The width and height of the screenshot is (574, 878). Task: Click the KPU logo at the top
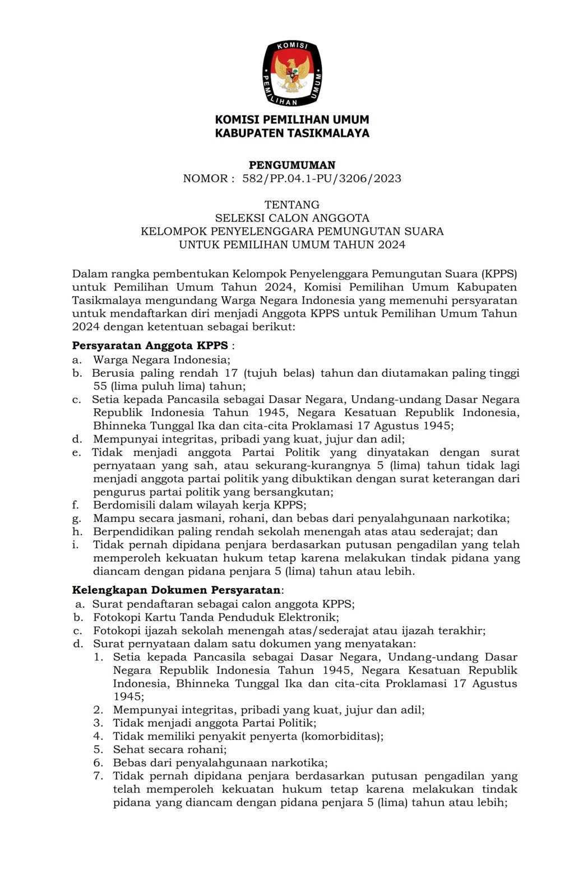coord(292,73)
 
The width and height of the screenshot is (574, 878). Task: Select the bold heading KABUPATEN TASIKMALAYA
coord(292,133)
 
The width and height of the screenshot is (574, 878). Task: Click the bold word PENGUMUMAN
coord(292,165)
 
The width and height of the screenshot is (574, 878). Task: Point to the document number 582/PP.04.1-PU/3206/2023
coord(322,179)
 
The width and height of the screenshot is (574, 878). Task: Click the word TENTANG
coord(292,205)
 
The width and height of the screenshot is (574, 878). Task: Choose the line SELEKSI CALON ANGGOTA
coord(292,218)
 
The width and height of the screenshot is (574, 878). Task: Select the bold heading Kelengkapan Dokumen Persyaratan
coord(177,590)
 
